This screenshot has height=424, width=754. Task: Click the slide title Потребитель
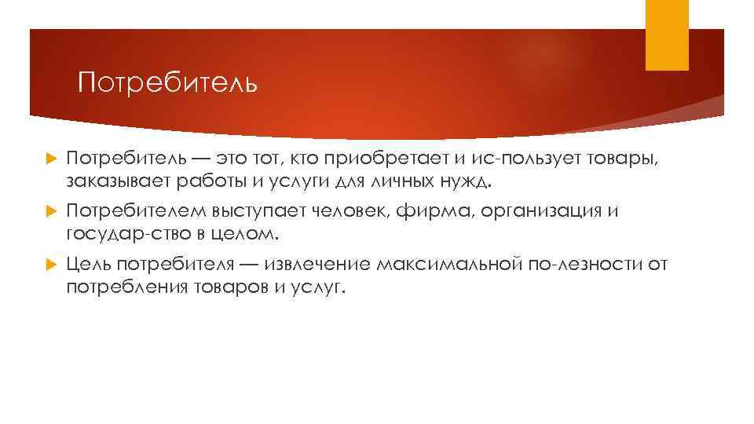point(167,82)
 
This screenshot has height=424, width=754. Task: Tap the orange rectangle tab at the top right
point(667,35)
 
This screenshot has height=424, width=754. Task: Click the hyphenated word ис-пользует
point(516,161)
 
